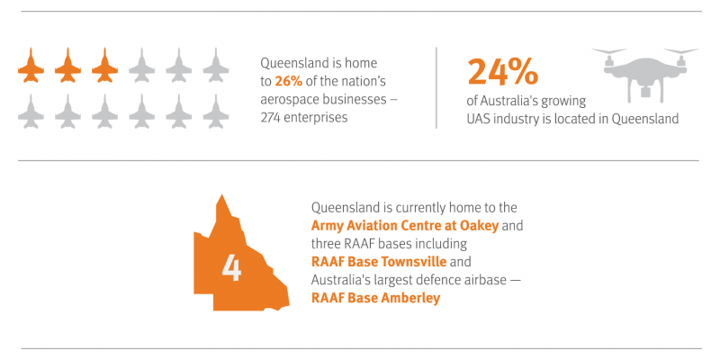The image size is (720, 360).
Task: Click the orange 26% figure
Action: click(288, 81)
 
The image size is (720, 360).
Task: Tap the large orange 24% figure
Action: click(502, 72)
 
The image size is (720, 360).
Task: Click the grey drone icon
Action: click(645, 74)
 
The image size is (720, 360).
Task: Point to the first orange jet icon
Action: click(31, 65)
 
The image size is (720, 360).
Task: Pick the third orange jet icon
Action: click(104, 65)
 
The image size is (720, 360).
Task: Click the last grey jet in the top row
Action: click(216, 65)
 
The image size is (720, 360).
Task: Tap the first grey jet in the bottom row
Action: click(31, 111)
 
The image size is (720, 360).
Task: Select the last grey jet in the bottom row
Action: click(216, 111)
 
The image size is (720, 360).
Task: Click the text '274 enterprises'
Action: click(304, 118)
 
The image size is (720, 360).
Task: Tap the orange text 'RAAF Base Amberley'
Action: click(375, 298)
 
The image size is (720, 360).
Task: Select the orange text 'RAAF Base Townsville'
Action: click(379, 262)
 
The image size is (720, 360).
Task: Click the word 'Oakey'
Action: click(481, 227)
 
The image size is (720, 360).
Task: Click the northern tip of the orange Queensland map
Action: click(222, 194)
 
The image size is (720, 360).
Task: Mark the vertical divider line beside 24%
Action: click(436, 87)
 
